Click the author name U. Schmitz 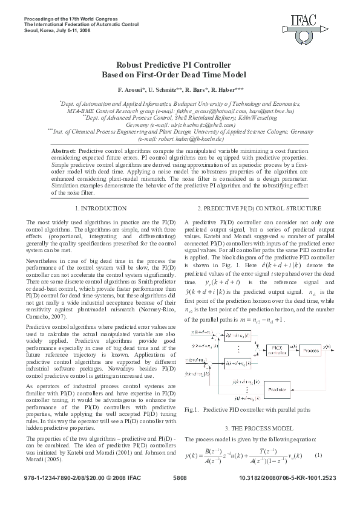[169, 89]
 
